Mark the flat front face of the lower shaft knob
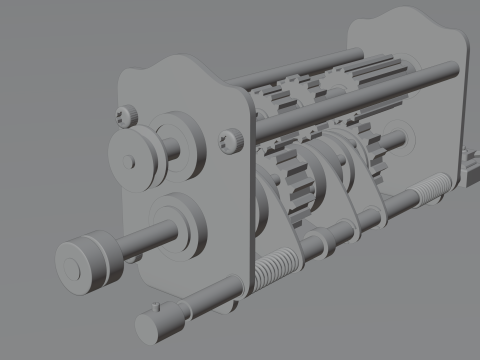click(x=74, y=266)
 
